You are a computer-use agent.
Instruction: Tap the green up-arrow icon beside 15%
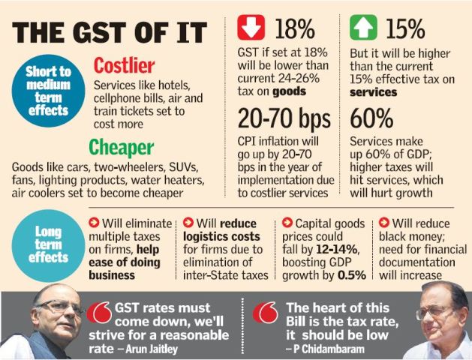pyautogui.click(x=364, y=27)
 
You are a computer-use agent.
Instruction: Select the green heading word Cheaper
pyautogui.click(x=122, y=146)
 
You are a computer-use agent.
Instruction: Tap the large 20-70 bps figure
pyautogui.click(x=284, y=118)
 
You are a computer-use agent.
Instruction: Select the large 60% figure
pyautogui.click(x=373, y=118)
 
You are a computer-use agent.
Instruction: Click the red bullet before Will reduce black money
pyautogui.click(x=384, y=222)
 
